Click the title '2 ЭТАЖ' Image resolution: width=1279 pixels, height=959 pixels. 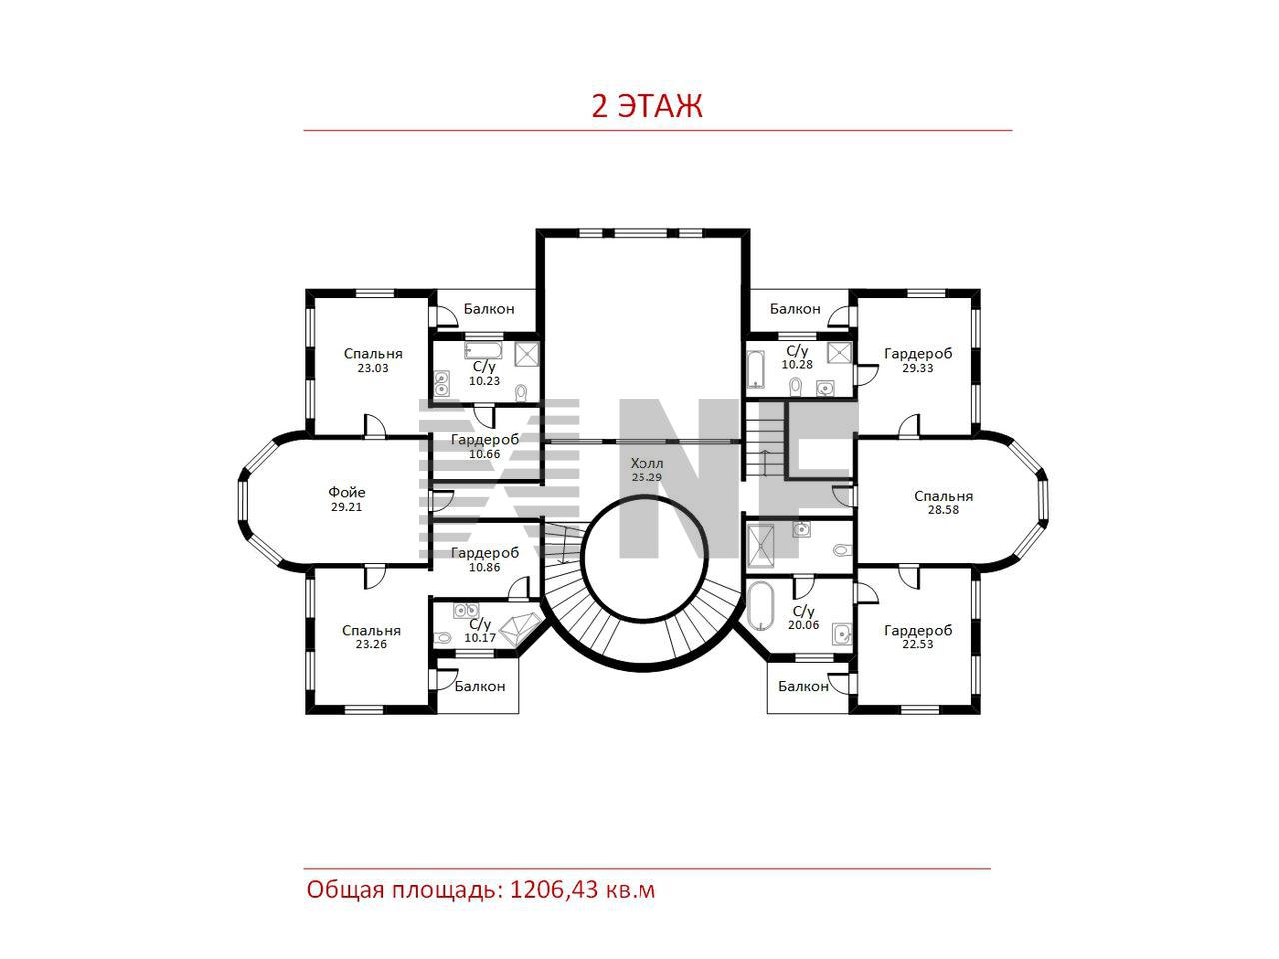click(646, 106)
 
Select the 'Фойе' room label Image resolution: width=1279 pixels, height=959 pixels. click(346, 492)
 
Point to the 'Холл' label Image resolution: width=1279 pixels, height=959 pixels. click(646, 464)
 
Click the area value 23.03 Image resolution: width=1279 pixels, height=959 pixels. click(373, 368)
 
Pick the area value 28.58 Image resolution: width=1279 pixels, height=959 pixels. click(943, 510)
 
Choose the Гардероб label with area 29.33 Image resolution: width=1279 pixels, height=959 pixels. click(918, 354)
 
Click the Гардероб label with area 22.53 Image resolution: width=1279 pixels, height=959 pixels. click(918, 630)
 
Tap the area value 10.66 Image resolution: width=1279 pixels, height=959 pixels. click(485, 454)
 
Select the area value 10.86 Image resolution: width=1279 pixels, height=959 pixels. click(485, 567)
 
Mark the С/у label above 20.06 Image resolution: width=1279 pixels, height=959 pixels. click(804, 612)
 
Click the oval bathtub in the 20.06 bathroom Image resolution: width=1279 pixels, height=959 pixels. click(760, 606)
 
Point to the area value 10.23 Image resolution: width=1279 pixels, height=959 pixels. click(485, 381)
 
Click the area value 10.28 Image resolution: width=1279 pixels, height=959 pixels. click(797, 365)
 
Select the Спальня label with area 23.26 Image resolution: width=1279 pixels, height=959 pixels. click(371, 631)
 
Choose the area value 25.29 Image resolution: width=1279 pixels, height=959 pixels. click(646, 478)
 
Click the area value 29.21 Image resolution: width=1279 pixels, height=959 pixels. click(346, 507)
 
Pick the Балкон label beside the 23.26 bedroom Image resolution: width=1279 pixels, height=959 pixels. click(479, 687)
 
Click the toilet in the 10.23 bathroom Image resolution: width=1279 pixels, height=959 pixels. click(521, 393)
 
